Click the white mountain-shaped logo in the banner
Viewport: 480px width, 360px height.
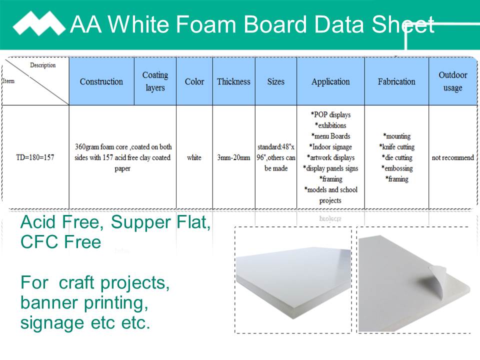point(39,23)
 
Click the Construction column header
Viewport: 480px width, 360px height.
point(101,81)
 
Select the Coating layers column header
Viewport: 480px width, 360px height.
point(155,81)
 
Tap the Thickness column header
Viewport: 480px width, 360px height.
point(233,81)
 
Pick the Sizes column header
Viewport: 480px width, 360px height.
point(276,81)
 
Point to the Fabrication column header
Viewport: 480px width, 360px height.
point(396,81)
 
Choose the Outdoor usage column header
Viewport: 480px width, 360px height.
point(453,81)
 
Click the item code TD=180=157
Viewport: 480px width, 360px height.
point(35,157)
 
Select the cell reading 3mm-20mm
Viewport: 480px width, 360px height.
point(233,157)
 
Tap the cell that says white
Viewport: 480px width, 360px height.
point(194,157)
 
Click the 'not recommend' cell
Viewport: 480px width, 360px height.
point(453,157)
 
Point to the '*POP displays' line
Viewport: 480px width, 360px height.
point(330,115)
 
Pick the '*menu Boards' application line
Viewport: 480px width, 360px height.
point(330,136)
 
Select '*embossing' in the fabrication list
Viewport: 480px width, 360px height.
point(396,168)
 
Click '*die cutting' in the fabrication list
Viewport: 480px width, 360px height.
point(396,157)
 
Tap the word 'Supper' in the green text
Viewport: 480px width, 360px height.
point(140,222)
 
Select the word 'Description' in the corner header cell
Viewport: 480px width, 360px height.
point(43,65)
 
